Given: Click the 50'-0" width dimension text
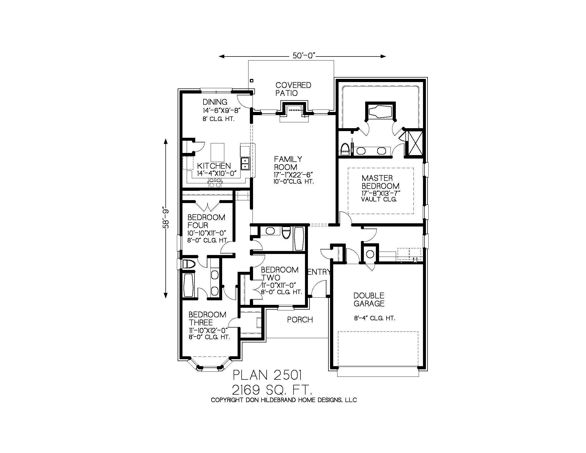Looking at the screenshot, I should (303, 56).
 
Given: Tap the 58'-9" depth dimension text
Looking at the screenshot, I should (166, 219).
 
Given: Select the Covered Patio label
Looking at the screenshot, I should (293, 89).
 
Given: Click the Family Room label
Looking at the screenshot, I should (288, 163).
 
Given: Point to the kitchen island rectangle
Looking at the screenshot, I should (218, 152).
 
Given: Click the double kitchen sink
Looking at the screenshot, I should (245, 164).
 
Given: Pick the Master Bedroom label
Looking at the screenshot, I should (380, 182).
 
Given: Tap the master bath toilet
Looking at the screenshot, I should (344, 149).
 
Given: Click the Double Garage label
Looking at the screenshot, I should (369, 300).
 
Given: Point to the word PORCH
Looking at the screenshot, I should (300, 319).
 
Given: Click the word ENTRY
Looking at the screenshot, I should (319, 272).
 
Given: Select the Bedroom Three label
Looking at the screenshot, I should (207, 318).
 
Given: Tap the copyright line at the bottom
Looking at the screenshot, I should (284, 400).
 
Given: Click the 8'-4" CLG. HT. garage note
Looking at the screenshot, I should (374, 318).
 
